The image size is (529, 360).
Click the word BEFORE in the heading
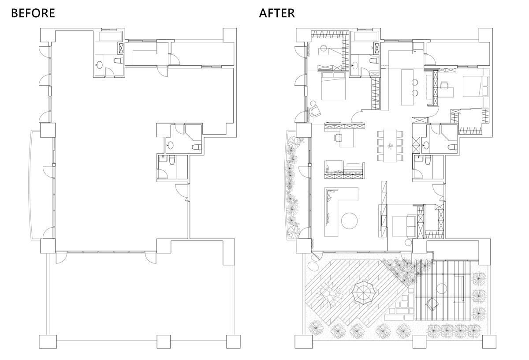(x=33, y=13)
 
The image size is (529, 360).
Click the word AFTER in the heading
(x=277, y=13)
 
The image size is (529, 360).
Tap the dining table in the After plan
(x=390, y=146)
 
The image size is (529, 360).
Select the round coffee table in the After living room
(x=349, y=221)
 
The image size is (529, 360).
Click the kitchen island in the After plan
(x=407, y=87)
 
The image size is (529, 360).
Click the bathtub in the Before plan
(x=110, y=37)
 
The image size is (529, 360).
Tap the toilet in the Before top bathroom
(x=118, y=60)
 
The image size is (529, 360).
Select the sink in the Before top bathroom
(x=100, y=65)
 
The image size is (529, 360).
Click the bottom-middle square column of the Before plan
(x=164, y=341)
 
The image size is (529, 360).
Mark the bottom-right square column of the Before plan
(x=233, y=341)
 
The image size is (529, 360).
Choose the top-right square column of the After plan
(x=485, y=35)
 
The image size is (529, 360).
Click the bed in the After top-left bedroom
(x=333, y=86)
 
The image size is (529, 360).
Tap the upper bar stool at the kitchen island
(x=415, y=82)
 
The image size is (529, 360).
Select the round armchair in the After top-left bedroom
(x=315, y=111)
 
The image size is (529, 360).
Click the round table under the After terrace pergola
(x=441, y=289)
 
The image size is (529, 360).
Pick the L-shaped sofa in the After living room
(x=335, y=212)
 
